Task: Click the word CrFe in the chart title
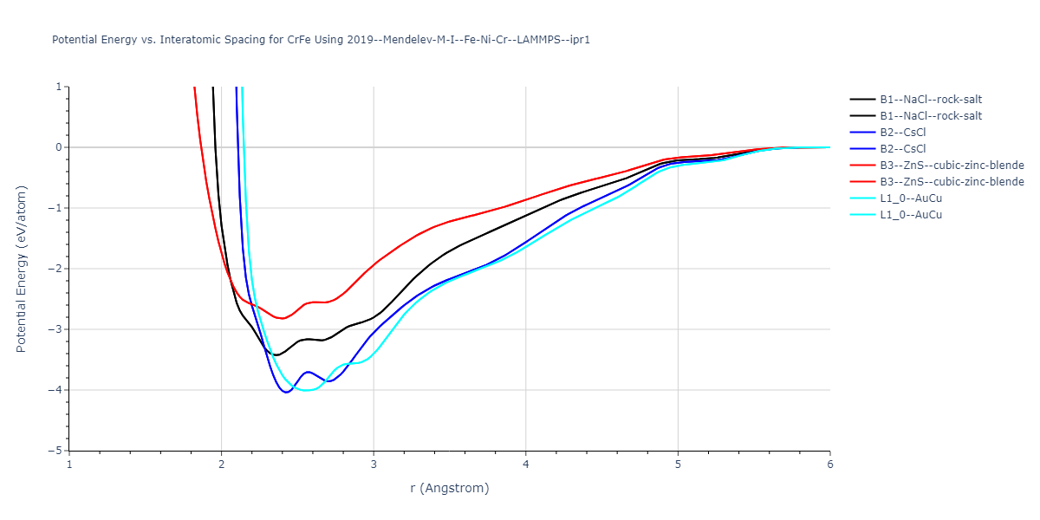[286, 40]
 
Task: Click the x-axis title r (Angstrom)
[450, 488]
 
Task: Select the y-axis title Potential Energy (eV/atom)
[22, 269]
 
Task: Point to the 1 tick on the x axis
[69, 465]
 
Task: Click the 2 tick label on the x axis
[222, 465]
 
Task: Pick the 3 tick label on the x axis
[374, 465]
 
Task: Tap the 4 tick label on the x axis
[526, 465]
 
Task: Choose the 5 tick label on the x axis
[678, 465]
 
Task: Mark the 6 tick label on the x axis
[830, 465]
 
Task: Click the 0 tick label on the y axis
[60, 147]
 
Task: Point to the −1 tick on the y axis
[57, 208]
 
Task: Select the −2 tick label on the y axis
[57, 269]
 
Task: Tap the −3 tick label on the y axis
[57, 329]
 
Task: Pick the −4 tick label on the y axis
[57, 390]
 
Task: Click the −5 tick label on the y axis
[57, 451]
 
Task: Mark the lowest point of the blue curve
[286, 393]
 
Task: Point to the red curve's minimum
[283, 318]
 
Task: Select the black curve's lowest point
[276, 355]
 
